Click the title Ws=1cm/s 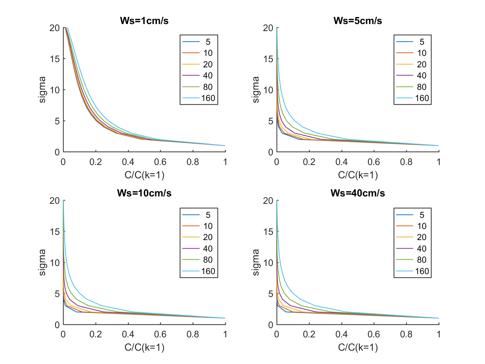[144, 21]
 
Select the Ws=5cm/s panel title [358, 21]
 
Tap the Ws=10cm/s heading [144, 193]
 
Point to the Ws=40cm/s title [358, 193]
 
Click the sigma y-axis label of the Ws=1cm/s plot [42, 90]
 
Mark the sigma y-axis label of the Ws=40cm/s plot [256, 262]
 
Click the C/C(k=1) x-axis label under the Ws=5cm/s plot [358, 175]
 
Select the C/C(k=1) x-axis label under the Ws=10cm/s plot [144, 347]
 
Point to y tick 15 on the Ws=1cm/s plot [55, 59]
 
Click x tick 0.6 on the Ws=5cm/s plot [374, 162]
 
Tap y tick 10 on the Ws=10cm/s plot [55, 263]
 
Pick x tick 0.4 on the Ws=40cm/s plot [341, 334]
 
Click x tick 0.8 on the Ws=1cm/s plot [193, 162]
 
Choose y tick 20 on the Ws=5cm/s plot [268, 28]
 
